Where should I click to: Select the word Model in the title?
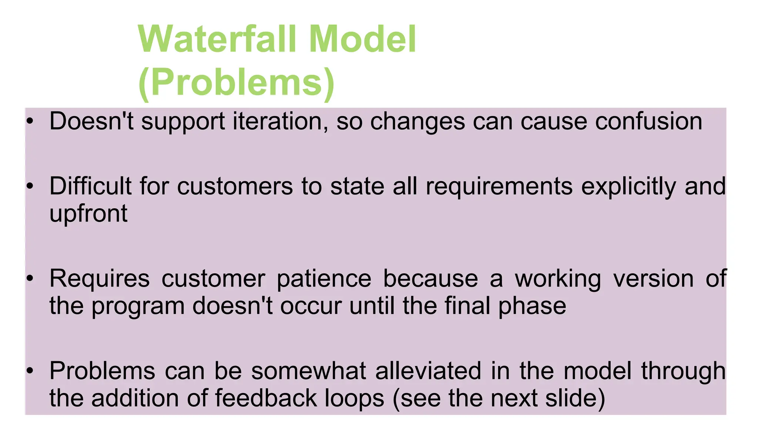[x=362, y=39]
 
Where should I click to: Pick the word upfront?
[x=88, y=214]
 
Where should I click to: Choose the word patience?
[x=324, y=279]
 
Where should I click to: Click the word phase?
[x=532, y=307]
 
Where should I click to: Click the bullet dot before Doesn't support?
[x=30, y=121]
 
